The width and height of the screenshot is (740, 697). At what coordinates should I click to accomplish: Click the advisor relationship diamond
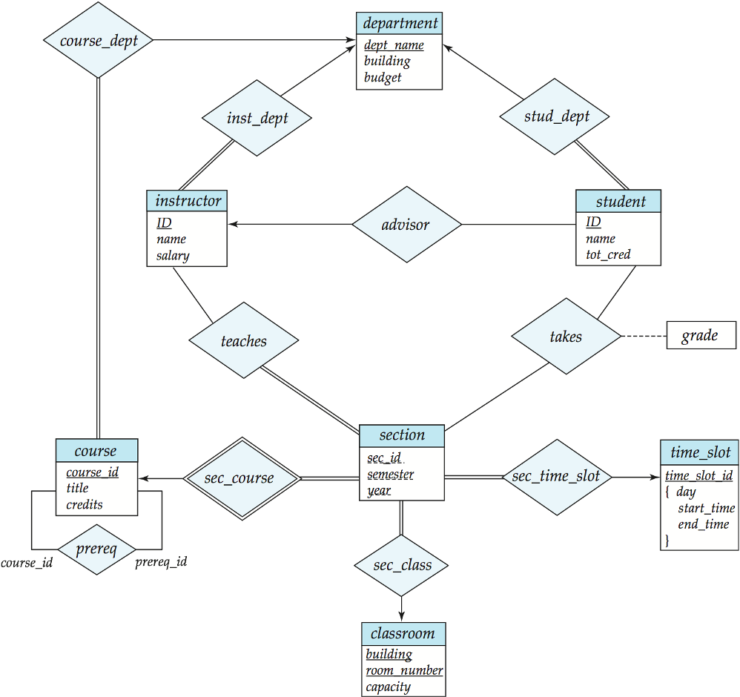tap(406, 224)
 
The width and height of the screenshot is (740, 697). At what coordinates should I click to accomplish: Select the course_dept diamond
tap(98, 40)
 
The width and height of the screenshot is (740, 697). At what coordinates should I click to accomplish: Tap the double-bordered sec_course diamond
tap(242, 478)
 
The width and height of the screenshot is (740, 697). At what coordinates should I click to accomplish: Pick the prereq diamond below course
tap(96, 549)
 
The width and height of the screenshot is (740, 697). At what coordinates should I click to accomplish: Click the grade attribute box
tap(701, 335)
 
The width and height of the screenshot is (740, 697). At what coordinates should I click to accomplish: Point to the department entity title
tap(400, 23)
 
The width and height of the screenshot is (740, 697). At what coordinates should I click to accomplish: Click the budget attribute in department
tap(383, 77)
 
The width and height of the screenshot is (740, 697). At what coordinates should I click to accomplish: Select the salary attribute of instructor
tap(173, 255)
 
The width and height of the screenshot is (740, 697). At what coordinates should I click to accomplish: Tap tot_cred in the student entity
tap(608, 254)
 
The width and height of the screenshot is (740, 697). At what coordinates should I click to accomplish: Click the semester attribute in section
tap(390, 475)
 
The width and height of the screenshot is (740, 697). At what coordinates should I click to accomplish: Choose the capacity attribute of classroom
tap(388, 687)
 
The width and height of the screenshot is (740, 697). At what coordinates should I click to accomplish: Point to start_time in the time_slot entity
tap(707, 508)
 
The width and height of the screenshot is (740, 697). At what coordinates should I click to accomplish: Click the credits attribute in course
tap(85, 504)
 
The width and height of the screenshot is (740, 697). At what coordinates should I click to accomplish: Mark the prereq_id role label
tap(161, 562)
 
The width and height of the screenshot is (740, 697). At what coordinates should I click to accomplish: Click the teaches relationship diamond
tap(243, 340)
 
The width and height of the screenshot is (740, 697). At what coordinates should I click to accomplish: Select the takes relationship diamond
tap(566, 336)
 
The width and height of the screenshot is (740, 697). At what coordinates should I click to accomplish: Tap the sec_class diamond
tap(402, 565)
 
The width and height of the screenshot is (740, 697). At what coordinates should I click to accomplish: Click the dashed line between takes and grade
tap(644, 336)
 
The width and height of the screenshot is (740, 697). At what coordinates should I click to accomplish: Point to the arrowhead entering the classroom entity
tap(402, 617)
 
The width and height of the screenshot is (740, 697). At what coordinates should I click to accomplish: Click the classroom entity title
tap(403, 633)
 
